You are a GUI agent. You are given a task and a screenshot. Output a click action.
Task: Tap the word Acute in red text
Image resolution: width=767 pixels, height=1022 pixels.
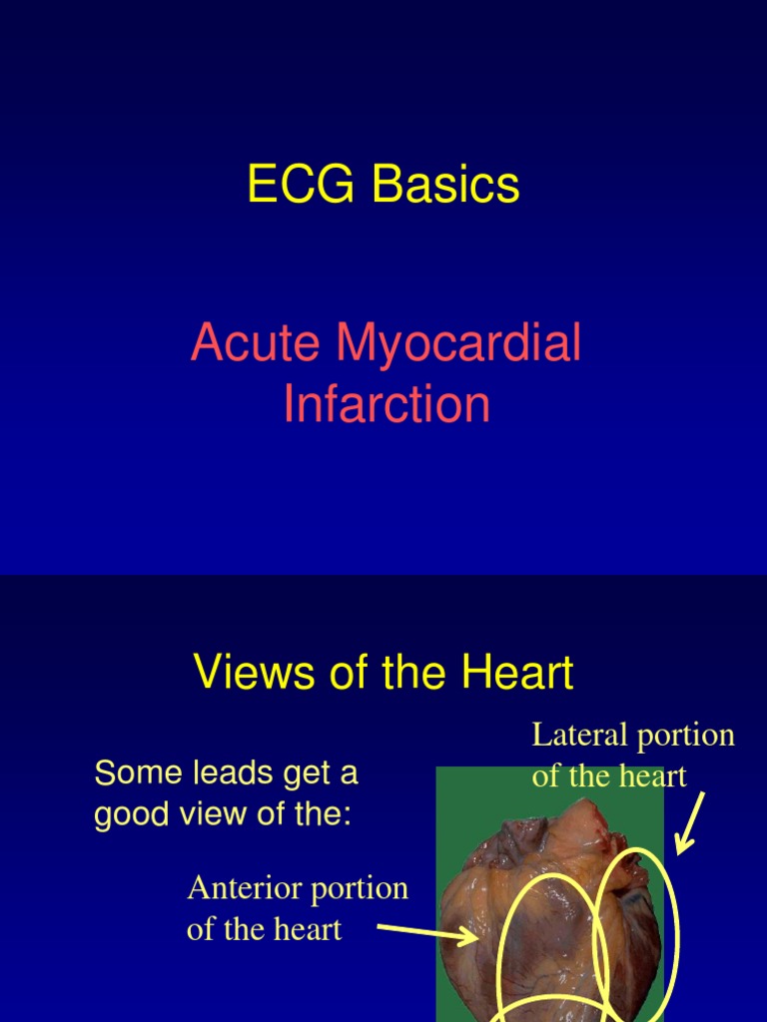point(257,343)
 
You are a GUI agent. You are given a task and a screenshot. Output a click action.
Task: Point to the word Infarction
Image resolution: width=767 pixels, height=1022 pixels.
point(386,404)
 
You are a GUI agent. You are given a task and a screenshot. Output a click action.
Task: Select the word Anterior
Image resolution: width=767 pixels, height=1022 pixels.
point(233,888)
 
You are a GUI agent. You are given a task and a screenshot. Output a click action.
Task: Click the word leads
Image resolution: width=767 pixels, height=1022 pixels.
point(211,772)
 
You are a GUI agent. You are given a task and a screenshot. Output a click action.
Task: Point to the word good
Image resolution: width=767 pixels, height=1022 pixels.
point(127,814)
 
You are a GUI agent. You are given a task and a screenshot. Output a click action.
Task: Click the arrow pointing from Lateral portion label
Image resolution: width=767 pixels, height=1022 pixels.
point(691,823)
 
